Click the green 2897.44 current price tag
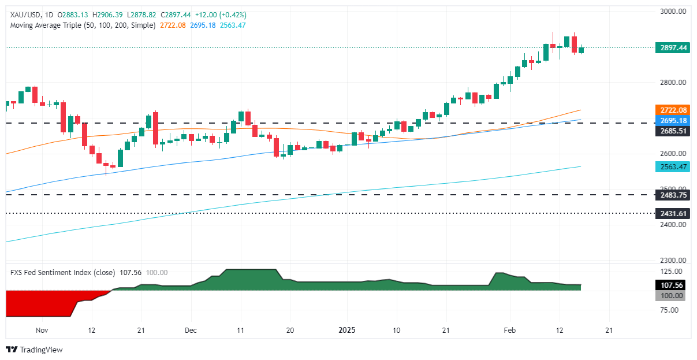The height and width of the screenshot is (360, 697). pyautogui.click(x=673, y=48)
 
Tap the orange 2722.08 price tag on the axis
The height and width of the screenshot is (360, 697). pyautogui.click(x=673, y=110)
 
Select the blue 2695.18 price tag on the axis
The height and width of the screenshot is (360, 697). pyautogui.click(x=673, y=120)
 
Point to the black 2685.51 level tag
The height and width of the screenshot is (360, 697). pyautogui.click(x=673, y=131)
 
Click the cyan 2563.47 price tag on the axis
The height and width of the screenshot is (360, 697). pyautogui.click(x=673, y=167)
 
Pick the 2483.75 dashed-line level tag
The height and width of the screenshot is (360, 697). pyautogui.click(x=673, y=195)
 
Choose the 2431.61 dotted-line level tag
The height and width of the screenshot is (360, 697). pyautogui.click(x=673, y=214)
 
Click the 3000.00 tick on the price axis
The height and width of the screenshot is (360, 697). pyautogui.click(x=673, y=12)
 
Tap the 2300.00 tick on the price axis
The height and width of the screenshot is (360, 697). pyautogui.click(x=673, y=261)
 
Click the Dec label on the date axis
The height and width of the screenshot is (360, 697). pyautogui.click(x=191, y=331)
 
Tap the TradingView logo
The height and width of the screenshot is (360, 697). pyautogui.click(x=34, y=350)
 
